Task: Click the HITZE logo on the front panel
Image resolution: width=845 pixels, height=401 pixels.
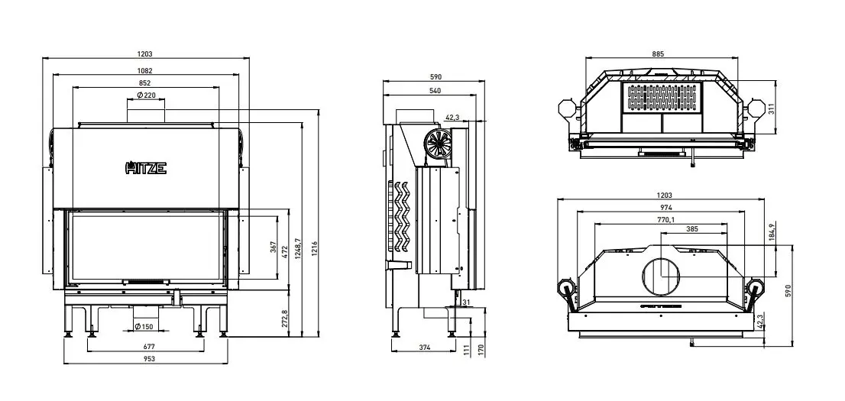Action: click(x=146, y=168)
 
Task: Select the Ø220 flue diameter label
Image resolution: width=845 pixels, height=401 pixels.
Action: click(x=146, y=95)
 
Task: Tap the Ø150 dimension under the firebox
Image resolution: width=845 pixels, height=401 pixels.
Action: click(x=144, y=327)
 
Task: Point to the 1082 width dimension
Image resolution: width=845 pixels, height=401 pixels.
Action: click(x=145, y=70)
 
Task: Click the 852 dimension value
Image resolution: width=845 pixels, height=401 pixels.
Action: click(x=144, y=83)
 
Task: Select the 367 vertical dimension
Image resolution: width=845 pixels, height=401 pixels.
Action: click(x=274, y=247)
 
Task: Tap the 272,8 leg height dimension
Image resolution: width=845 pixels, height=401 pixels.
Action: click(x=285, y=319)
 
